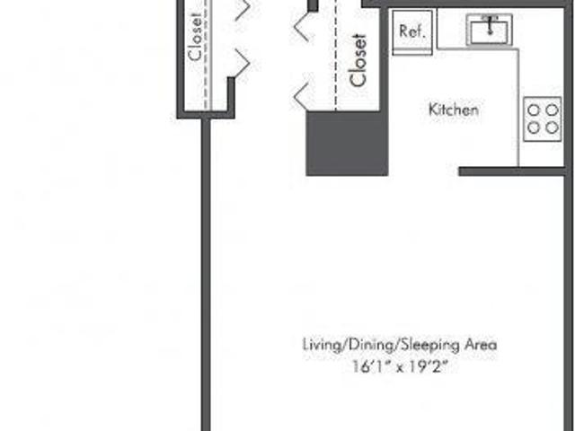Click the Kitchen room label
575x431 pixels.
pos(454,110)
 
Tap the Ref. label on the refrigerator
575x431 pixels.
pos(412,31)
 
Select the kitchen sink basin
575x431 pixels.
pos(490,32)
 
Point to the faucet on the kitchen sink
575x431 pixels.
pos(490,26)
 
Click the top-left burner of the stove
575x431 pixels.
pos(535,110)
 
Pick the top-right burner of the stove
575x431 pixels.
pos(552,110)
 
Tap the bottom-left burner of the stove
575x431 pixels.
pos(535,128)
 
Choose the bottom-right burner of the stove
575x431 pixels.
pos(552,128)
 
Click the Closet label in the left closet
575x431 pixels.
pos(196,37)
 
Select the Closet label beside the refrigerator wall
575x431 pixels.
pos(358,60)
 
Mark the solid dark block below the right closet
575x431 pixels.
pos(347,144)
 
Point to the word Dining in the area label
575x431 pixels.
pos(371,345)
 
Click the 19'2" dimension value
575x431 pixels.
pos(429,366)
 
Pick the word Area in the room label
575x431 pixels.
pos(481,345)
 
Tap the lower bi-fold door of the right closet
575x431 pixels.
pos(302,96)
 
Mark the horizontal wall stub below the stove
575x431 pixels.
pos(512,172)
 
